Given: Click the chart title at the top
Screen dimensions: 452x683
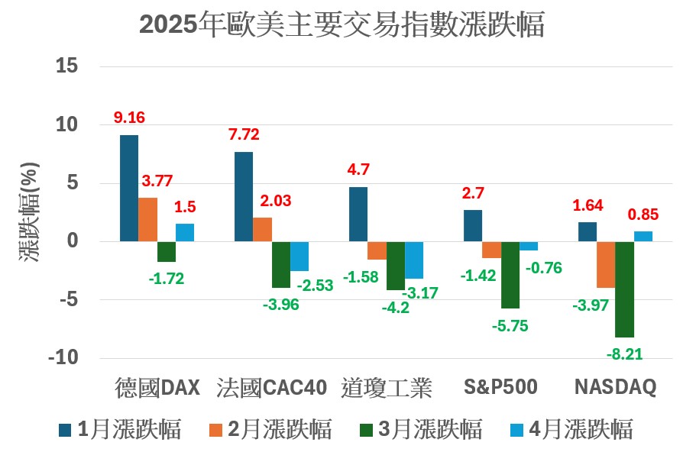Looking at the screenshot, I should (341, 24).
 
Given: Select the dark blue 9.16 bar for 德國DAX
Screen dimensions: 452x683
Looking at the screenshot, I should (129, 188).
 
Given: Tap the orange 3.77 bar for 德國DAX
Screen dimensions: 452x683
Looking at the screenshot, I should (148, 219).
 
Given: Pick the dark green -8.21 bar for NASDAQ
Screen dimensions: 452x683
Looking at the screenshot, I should (625, 289).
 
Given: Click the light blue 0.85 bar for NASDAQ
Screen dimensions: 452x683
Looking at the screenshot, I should (643, 237).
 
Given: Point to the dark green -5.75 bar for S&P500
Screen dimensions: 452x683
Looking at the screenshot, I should (510, 274).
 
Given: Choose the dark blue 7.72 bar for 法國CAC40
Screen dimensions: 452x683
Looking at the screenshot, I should (244, 196).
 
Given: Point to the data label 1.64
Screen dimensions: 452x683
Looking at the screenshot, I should (588, 205).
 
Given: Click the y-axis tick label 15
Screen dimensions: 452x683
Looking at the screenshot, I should (68, 66).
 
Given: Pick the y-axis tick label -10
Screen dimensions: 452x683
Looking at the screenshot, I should (64, 358).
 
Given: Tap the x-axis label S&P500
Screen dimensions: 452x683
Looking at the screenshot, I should (501, 388).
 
